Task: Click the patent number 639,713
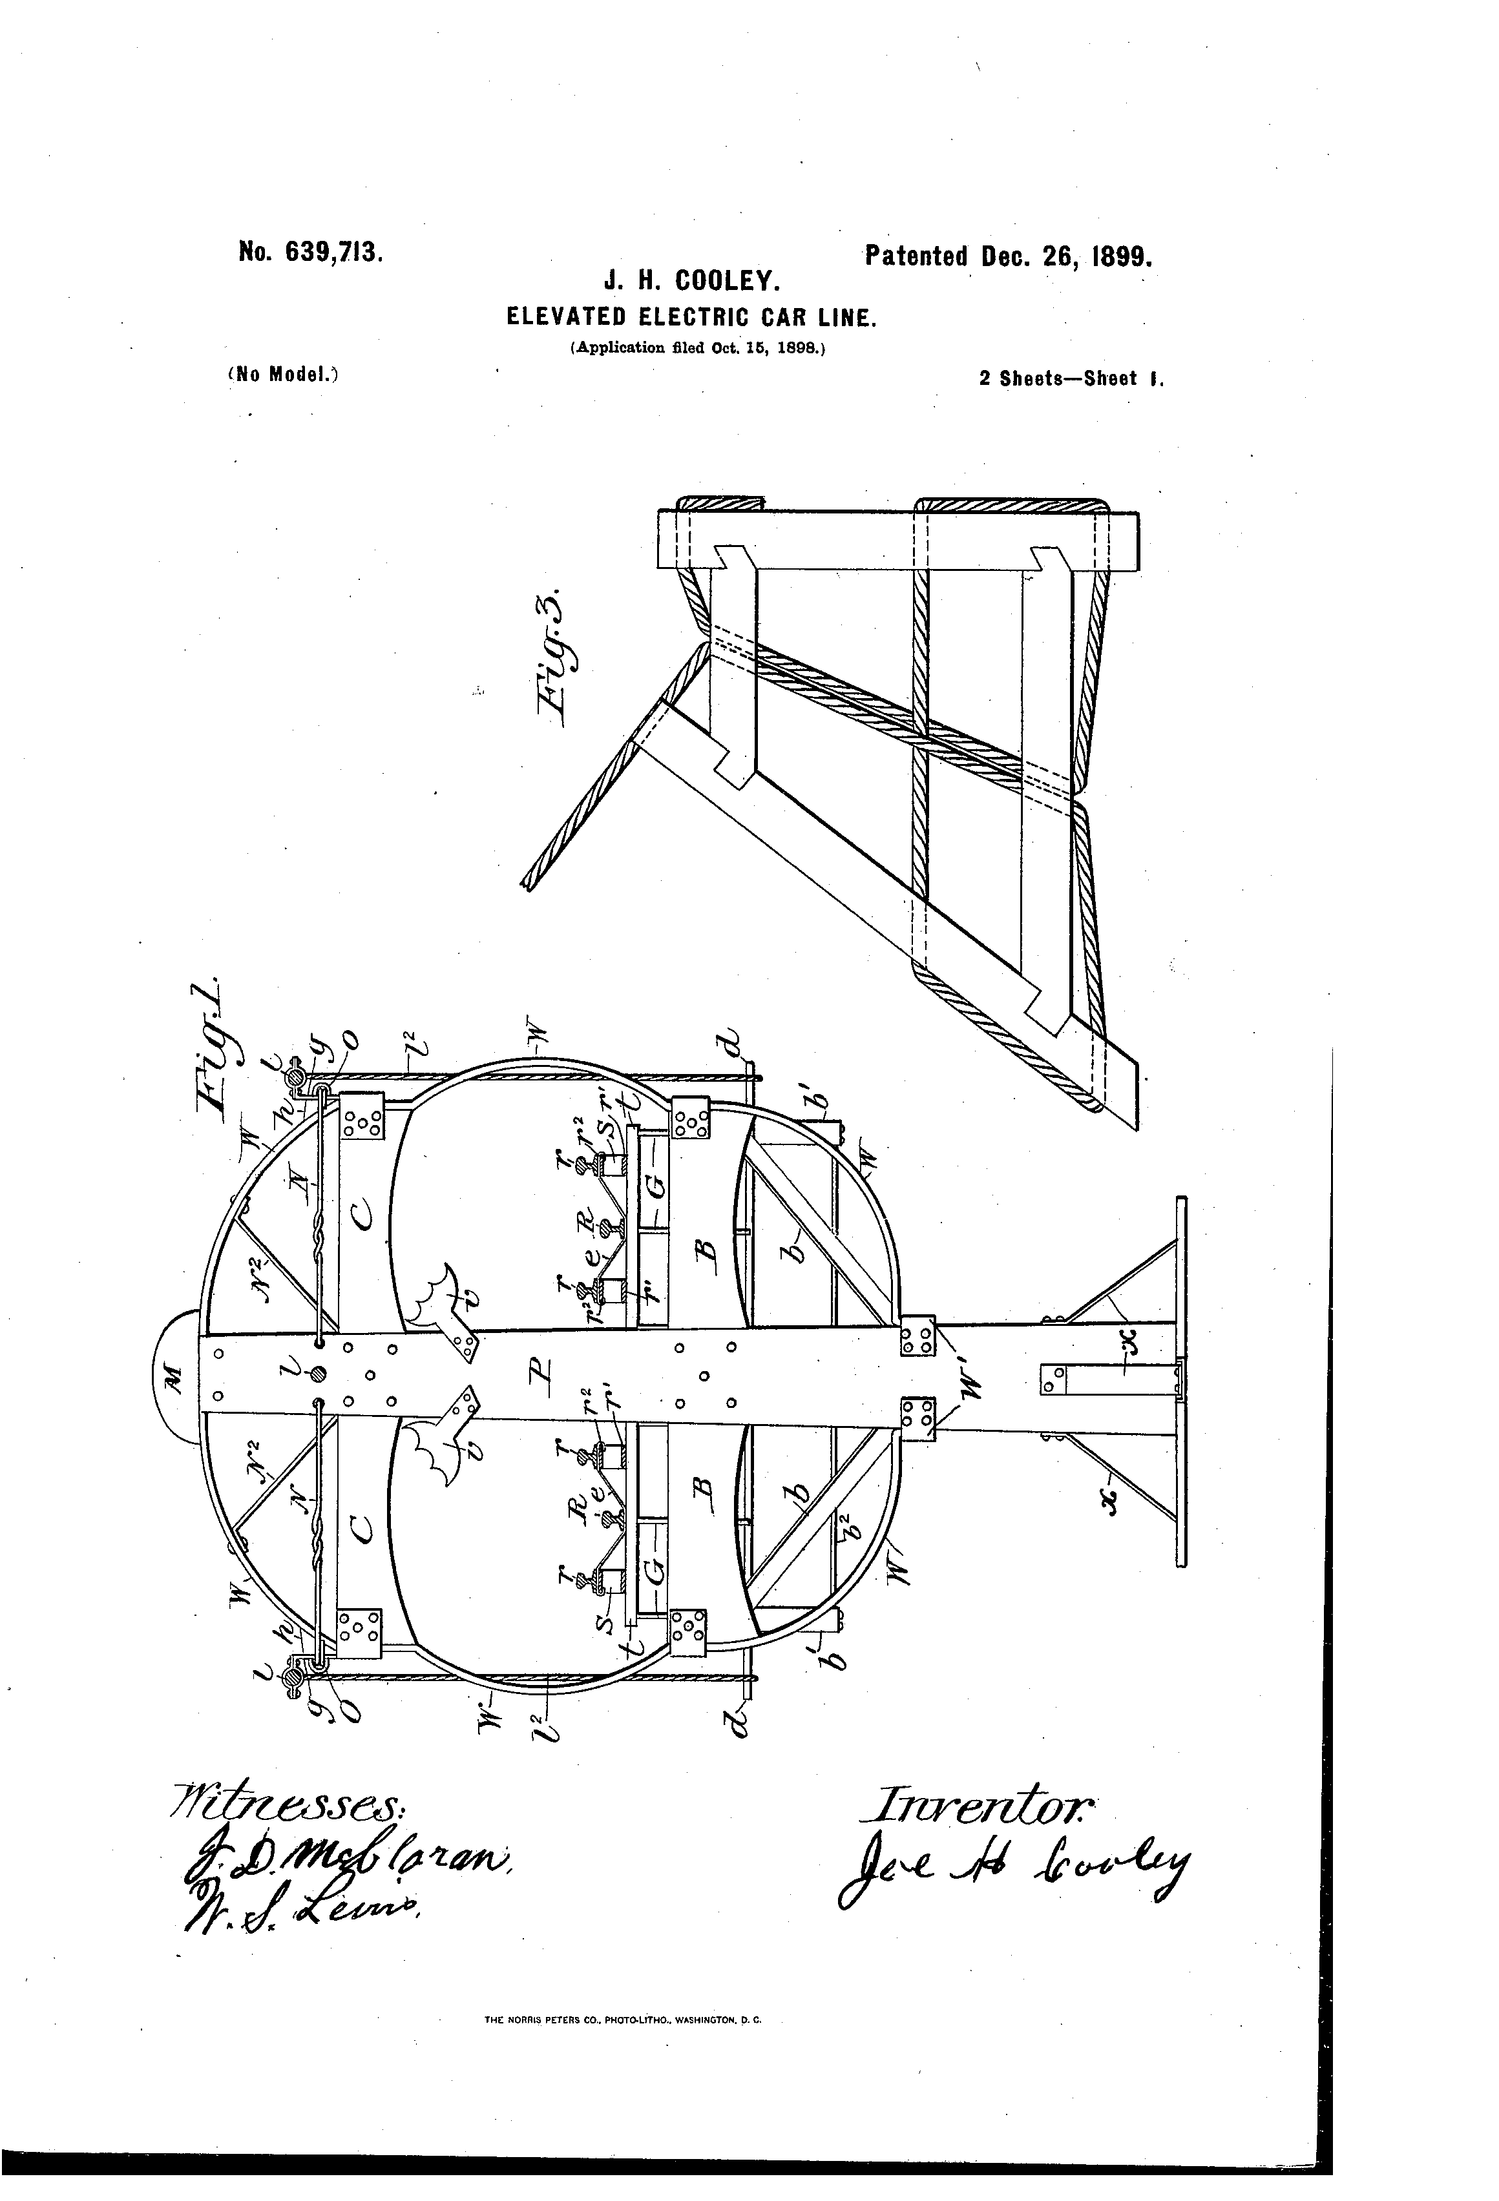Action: tap(310, 253)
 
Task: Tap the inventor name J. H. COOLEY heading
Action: tap(692, 282)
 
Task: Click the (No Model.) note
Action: tap(282, 373)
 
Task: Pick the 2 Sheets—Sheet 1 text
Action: tap(1070, 379)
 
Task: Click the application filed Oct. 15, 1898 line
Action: tap(698, 347)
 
